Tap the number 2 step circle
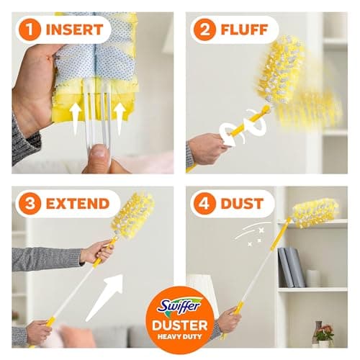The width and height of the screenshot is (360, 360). (204, 30)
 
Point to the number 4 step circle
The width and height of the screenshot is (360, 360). (204, 204)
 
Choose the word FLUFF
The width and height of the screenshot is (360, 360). (244, 30)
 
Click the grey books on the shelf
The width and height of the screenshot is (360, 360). (292, 267)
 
